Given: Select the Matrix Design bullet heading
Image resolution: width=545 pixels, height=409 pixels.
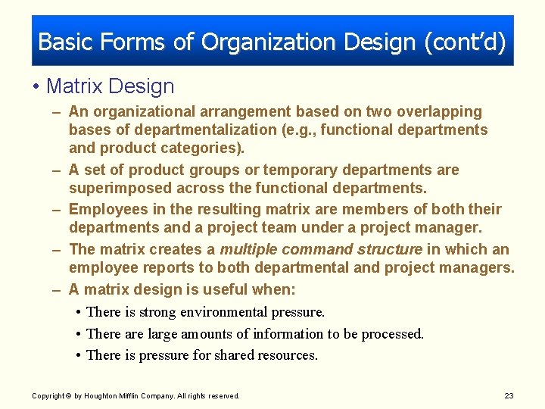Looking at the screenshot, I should pyautogui.click(x=110, y=86).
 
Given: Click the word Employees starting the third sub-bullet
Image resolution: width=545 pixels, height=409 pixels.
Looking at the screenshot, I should pyautogui.click(x=105, y=209).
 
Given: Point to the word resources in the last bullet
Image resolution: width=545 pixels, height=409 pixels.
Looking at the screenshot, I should pyautogui.click(x=286, y=355).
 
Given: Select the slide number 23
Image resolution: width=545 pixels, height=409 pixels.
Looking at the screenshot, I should pyautogui.click(x=508, y=395).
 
